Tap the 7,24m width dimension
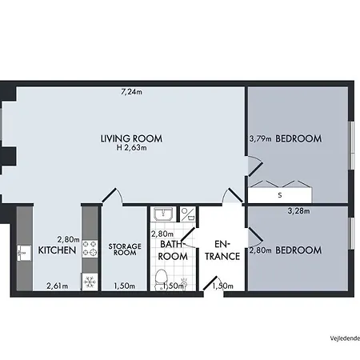click(x=131, y=92)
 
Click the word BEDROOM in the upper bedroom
click(x=298, y=138)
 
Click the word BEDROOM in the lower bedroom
click(x=298, y=250)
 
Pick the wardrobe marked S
click(x=279, y=194)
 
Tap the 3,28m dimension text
click(x=298, y=212)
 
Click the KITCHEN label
click(x=57, y=250)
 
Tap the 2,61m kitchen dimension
click(x=57, y=286)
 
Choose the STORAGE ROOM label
click(x=124, y=250)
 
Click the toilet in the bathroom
click(x=163, y=278)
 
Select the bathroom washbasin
click(x=163, y=214)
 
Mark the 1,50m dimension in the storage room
click(x=124, y=286)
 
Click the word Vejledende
click(x=342, y=338)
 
